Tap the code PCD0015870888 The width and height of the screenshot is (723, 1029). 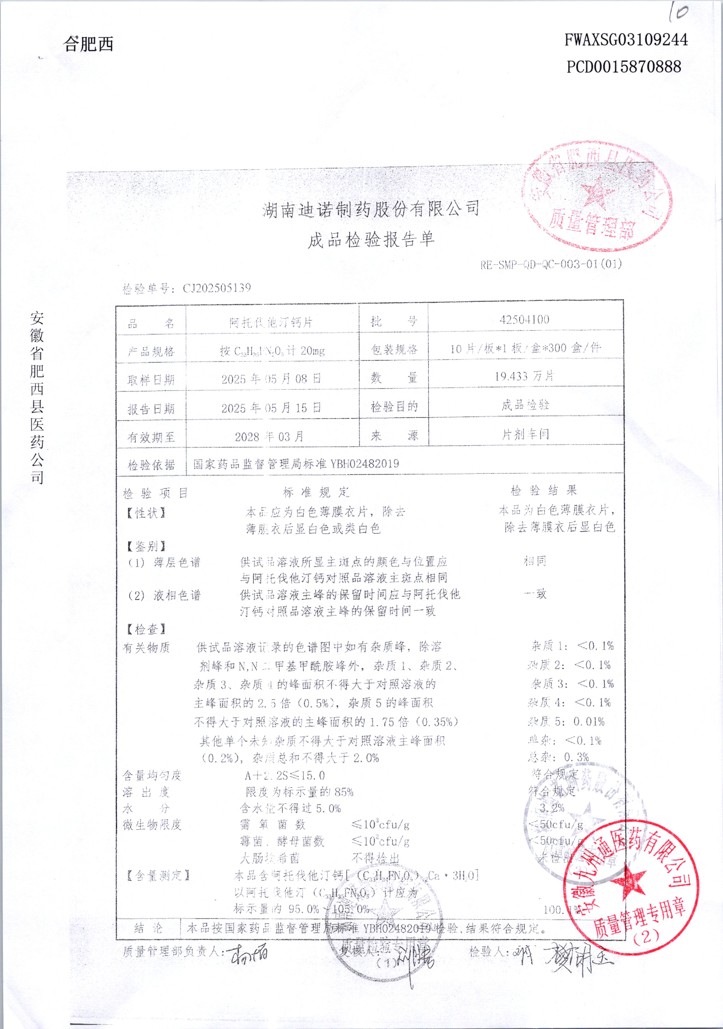(x=624, y=67)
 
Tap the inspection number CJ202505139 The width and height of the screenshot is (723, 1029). (x=216, y=288)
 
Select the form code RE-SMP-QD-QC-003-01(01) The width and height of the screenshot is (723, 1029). (x=551, y=264)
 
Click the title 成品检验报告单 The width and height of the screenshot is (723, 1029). (x=371, y=240)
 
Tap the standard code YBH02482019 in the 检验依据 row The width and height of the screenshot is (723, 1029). (x=365, y=464)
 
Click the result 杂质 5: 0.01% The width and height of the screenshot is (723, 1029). (x=567, y=721)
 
